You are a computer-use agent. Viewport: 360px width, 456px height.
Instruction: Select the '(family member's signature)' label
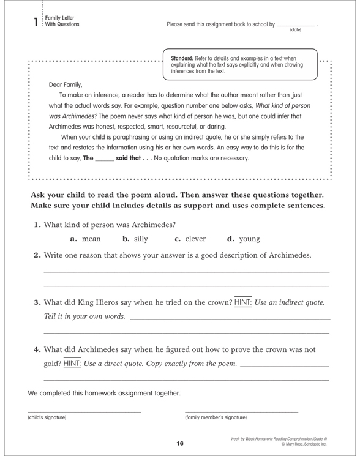pos(216,418)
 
